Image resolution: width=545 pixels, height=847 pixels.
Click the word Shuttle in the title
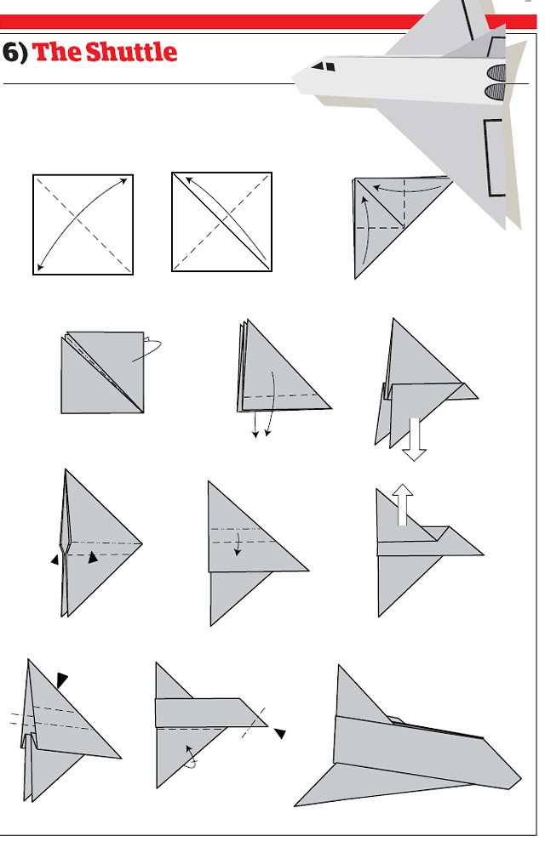pyautogui.click(x=131, y=52)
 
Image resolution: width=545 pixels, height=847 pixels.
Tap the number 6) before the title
pyautogui.click(x=14, y=53)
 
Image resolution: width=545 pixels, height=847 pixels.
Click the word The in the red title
pyautogui.click(x=57, y=52)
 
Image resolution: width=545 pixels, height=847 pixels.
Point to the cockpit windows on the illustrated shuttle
pyautogui.click(x=324, y=66)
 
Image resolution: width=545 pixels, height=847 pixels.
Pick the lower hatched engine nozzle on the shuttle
pyautogui.click(x=496, y=91)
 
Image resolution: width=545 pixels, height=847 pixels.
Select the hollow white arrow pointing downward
pyautogui.click(x=415, y=439)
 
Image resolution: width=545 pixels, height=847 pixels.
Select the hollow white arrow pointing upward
pyautogui.click(x=403, y=504)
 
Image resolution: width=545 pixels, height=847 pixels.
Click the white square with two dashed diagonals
pyautogui.click(x=83, y=225)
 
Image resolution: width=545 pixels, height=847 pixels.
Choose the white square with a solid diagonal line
pyautogui.click(x=221, y=221)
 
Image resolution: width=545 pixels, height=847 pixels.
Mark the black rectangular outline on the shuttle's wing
pyautogui.click(x=494, y=156)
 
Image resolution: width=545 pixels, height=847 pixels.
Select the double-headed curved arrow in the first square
pyautogui.click(x=83, y=225)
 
